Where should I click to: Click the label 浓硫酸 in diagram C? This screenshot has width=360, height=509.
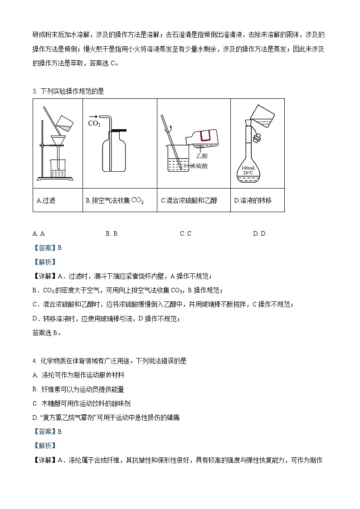[199, 166]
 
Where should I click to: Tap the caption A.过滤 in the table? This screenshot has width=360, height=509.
[46, 200]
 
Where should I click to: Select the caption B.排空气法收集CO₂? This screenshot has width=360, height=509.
[115, 200]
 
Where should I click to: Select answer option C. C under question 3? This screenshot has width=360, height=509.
[185, 233]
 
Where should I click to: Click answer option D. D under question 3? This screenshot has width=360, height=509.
[259, 233]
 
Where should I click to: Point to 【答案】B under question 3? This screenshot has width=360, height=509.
[47, 247]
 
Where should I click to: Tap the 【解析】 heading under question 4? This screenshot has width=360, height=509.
[44, 446]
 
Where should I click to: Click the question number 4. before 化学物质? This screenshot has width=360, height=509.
[35, 361]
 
